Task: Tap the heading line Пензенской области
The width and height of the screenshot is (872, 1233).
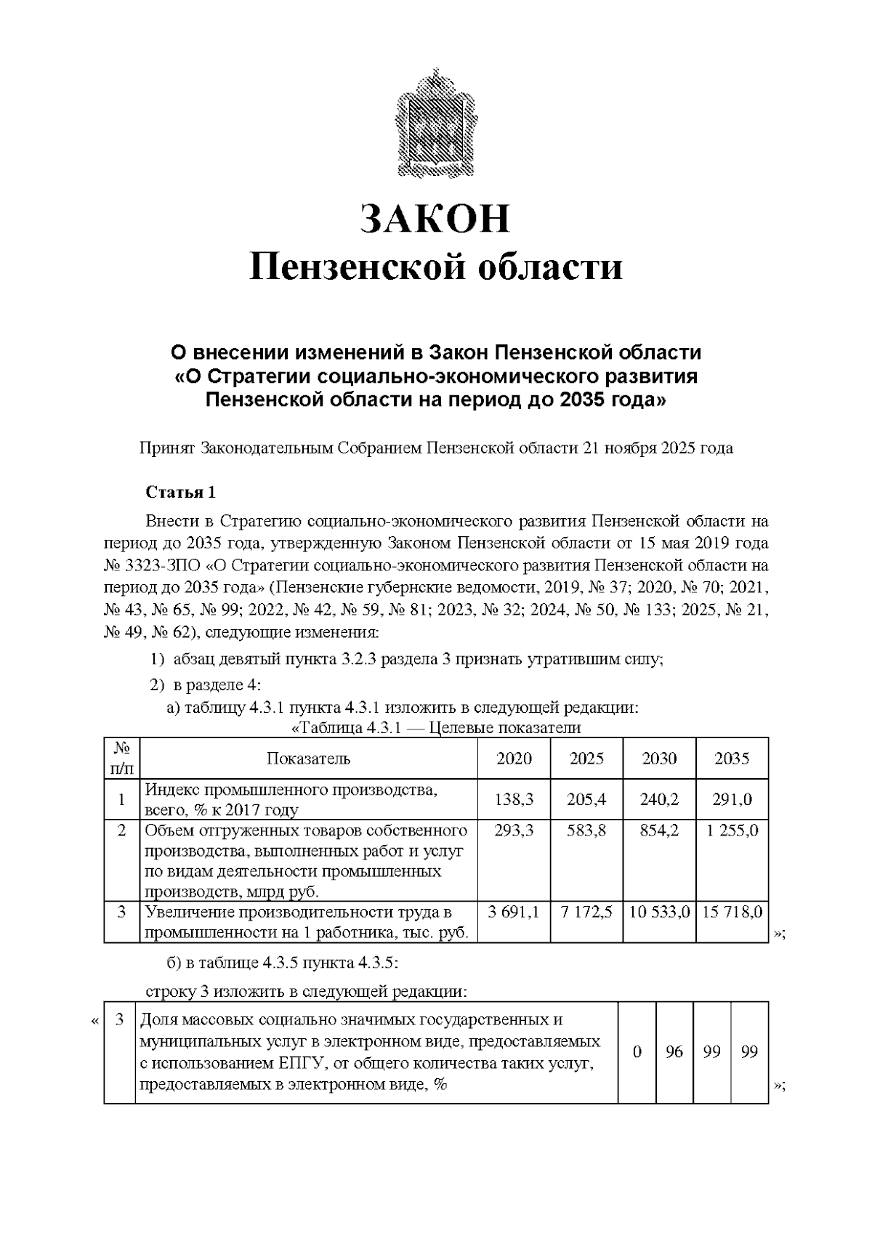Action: pos(436,267)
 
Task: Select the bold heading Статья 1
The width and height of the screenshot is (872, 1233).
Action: pos(181,493)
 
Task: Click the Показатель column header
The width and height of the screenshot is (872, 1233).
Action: pos(308,759)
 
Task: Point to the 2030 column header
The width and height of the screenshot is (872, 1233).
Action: pos(659,759)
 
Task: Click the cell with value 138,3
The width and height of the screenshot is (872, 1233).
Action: pos(514,799)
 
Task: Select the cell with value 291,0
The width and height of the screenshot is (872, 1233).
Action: pos(732,799)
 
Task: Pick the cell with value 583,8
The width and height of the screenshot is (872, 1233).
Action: pos(586,830)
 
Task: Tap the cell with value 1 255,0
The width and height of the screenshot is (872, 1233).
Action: pos(732,830)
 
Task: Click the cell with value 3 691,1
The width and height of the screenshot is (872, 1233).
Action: pos(514,913)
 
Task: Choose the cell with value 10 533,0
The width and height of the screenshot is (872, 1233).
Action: pos(659,913)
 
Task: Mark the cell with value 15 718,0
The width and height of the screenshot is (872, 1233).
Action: pos(732,913)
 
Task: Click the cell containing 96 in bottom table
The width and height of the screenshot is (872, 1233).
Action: pos(674,1051)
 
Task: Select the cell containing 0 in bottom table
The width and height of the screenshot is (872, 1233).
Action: pos(637,1051)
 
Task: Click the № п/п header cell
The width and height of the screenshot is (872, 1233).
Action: pos(122,758)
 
